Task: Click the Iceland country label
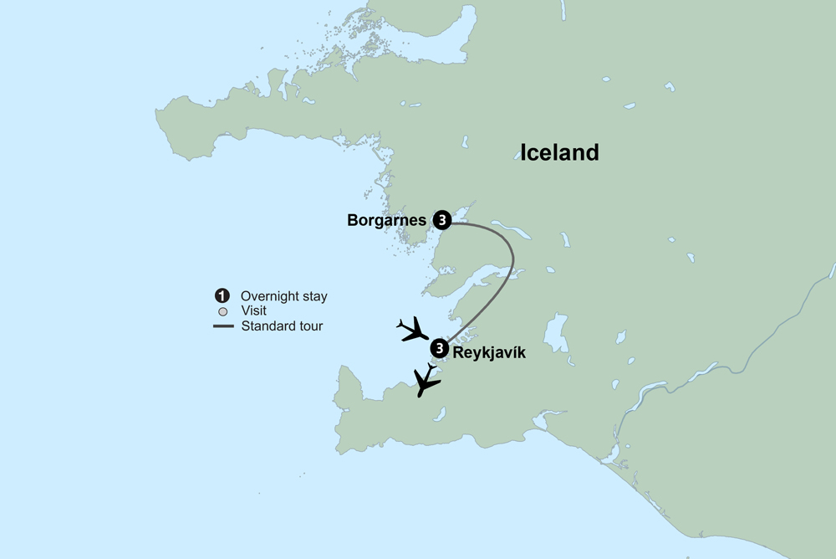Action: pyautogui.click(x=559, y=152)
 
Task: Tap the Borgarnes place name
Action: pyautogui.click(x=386, y=221)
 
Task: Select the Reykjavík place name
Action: pyautogui.click(x=489, y=353)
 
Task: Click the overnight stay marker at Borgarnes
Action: pyautogui.click(x=442, y=220)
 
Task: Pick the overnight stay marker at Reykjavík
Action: pyautogui.click(x=439, y=349)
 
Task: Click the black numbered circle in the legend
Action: pyautogui.click(x=222, y=296)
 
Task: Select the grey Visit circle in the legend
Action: pyautogui.click(x=222, y=311)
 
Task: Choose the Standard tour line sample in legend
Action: pyautogui.click(x=222, y=326)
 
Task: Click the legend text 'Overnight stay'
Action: pyautogui.click(x=283, y=296)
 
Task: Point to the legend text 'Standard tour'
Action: pyautogui.click(x=282, y=326)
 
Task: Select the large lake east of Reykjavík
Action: pyautogui.click(x=555, y=333)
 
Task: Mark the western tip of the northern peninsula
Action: pyautogui.click(x=159, y=112)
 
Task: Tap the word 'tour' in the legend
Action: pyautogui.click(x=308, y=326)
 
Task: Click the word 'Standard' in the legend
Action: pyautogui.click(x=268, y=326)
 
